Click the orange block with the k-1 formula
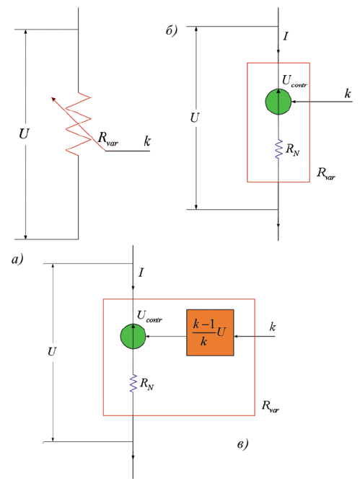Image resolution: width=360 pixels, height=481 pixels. tap(210, 332)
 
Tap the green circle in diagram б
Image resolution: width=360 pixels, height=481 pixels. tap(278, 102)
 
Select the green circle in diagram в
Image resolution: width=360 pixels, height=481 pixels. tap(133, 336)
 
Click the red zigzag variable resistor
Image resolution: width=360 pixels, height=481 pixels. tap(79, 123)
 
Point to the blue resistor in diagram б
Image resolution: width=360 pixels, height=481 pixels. tap(278, 149)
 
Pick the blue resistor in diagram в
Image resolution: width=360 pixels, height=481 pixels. tap(133, 383)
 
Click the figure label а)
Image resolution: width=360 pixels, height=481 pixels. tap(17, 260)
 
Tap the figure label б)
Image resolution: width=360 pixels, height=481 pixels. tap(172, 30)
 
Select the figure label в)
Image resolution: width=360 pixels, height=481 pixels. tap(242, 444)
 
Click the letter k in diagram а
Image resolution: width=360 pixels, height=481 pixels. tap(147, 141)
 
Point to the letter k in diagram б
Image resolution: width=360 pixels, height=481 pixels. tap(348, 93)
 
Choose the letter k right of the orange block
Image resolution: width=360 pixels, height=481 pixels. tap(273, 327)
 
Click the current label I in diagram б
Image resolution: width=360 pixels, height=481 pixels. tap(286, 36)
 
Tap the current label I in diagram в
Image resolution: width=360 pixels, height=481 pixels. tap(141, 273)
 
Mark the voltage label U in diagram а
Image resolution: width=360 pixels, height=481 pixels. tap(24, 134)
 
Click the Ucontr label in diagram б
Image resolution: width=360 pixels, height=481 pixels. tap(294, 81)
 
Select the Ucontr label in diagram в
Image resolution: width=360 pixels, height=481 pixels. tap(149, 317)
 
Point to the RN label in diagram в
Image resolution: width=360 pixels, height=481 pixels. tap(146, 384)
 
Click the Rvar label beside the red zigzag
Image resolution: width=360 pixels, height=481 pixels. tap(107, 138)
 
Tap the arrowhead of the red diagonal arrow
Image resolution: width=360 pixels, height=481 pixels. tap(53, 99)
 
